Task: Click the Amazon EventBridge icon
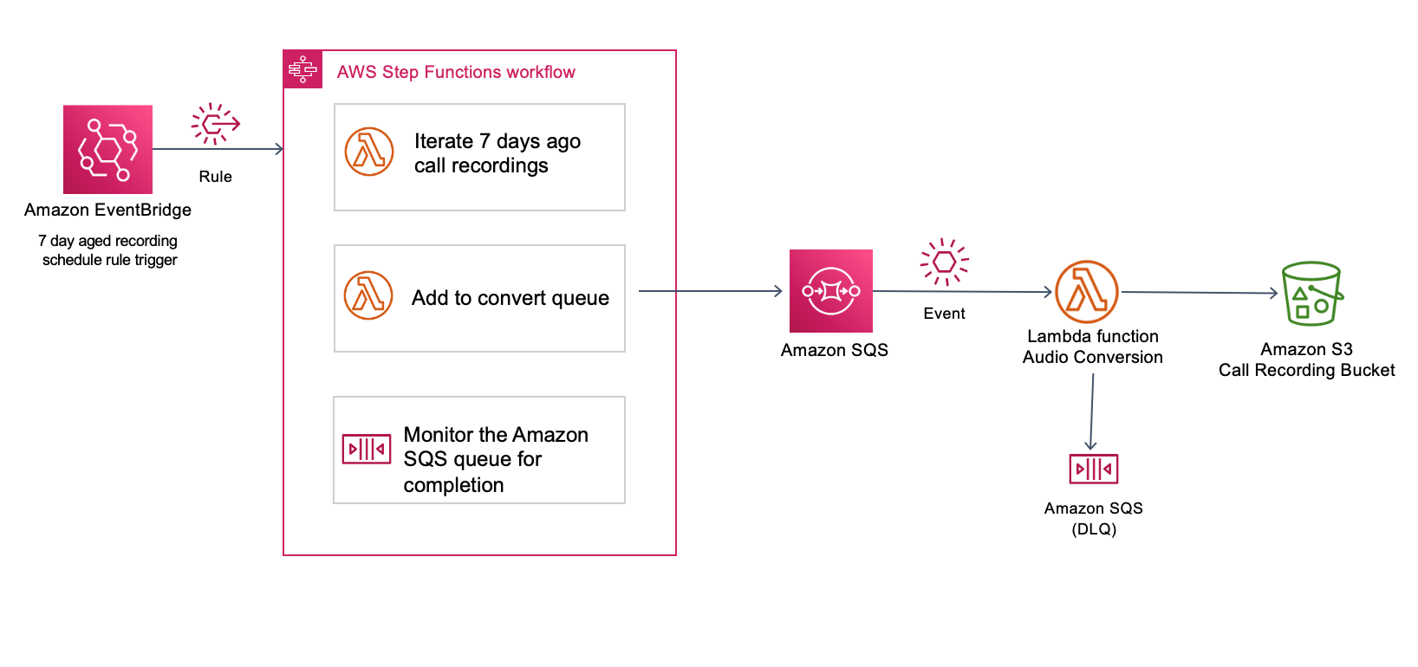[x=107, y=149]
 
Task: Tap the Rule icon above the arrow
[x=215, y=124]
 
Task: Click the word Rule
[x=215, y=177]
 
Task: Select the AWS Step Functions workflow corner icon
[x=302, y=69]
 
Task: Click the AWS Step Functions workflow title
[x=455, y=72]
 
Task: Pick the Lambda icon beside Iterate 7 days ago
[x=369, y=152]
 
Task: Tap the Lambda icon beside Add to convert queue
[x=368, y=295]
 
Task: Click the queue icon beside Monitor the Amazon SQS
[x=367, y=449]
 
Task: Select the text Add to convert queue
[x=510, y=298]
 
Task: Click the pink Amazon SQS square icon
[x=830, y=291]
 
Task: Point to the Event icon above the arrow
[x=944, y=262]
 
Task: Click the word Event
[x=944, y=314]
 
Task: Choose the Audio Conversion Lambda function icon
[x=1087, y=292]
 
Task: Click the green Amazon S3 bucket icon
[x=1311, y=294]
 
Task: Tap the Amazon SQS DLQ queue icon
[x=1093, y=469]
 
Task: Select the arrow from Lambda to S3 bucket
[x=1200, y=293]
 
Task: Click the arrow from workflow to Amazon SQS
[x=711, y=291]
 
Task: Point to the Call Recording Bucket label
[x=1306, y=370]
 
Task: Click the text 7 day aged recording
[x=107, y=241]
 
